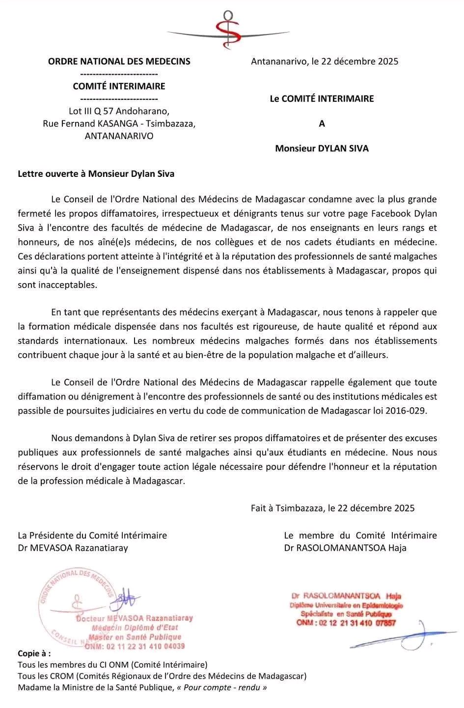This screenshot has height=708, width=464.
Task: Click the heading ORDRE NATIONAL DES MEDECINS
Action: (x=119, y=61)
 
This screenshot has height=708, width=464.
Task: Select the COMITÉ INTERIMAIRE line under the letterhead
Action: (x=119, y=86)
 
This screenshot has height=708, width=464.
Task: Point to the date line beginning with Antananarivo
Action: (x=324, y=61)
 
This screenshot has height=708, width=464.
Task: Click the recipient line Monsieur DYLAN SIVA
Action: (x=322, y=148)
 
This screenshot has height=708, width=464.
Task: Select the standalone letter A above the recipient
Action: (x=322, y=124)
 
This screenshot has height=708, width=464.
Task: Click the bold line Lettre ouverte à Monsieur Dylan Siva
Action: (x=96, y=173)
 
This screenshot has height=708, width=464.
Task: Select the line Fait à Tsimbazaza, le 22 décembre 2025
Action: (x=332, y=508)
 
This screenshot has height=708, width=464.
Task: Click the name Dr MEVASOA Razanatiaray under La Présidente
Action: (x=73, y=547)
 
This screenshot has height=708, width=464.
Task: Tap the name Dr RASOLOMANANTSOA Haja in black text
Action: (x=345, y=547)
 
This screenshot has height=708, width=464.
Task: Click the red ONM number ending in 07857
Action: (x=346, y=623)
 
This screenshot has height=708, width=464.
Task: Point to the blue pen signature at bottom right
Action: (x=403, y=638)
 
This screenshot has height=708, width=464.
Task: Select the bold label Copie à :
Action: (x=34, y=654)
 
